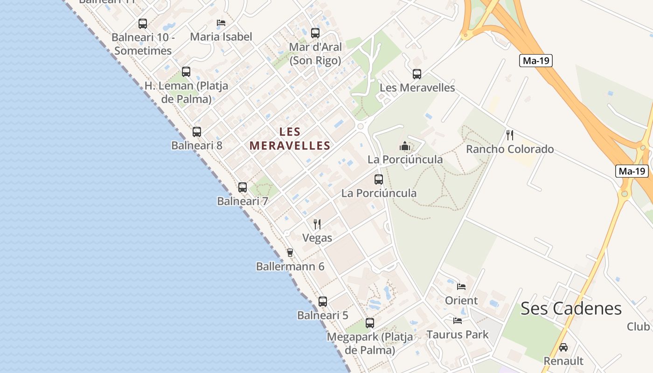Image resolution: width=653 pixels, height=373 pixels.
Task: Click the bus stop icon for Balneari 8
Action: (x=197, y=132)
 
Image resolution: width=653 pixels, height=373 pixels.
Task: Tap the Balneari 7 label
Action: (x=243, y=201)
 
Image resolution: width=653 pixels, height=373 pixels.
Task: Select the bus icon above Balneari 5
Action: (x=323, y=302)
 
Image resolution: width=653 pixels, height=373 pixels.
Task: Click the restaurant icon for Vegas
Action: (x=317, y=224)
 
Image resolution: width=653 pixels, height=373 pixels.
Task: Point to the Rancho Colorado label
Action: (x=510, y=149)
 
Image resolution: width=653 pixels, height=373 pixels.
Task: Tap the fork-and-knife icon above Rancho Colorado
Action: (x=510, y=135)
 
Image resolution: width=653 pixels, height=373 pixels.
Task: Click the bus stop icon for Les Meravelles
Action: (x=417, y=74)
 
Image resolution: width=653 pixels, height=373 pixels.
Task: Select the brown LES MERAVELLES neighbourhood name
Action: (x=290, y=139)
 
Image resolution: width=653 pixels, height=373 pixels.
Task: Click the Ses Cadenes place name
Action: (x=571, y=308)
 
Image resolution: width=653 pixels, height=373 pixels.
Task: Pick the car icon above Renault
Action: (x=563, y=347)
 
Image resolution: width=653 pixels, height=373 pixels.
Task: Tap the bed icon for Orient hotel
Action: (x=461, y=287)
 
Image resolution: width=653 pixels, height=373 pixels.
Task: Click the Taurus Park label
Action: (x=458, y=334)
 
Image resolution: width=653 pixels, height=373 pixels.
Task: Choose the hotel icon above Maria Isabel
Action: (x=221, y=23)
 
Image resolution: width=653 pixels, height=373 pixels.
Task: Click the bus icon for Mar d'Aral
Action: (x=315, y=33)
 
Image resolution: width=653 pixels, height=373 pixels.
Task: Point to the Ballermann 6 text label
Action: (x=290, y=267)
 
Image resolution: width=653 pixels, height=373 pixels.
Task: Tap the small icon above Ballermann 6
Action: (x=290, y=253)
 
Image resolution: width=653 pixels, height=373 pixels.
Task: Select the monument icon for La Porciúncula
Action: (x=405, y=146)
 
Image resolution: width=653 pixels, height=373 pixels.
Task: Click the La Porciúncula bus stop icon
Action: (x=379, y=180)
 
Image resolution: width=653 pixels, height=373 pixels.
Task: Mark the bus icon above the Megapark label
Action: (x=370, y=323)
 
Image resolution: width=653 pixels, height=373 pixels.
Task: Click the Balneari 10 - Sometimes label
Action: (x=143, y=44)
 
